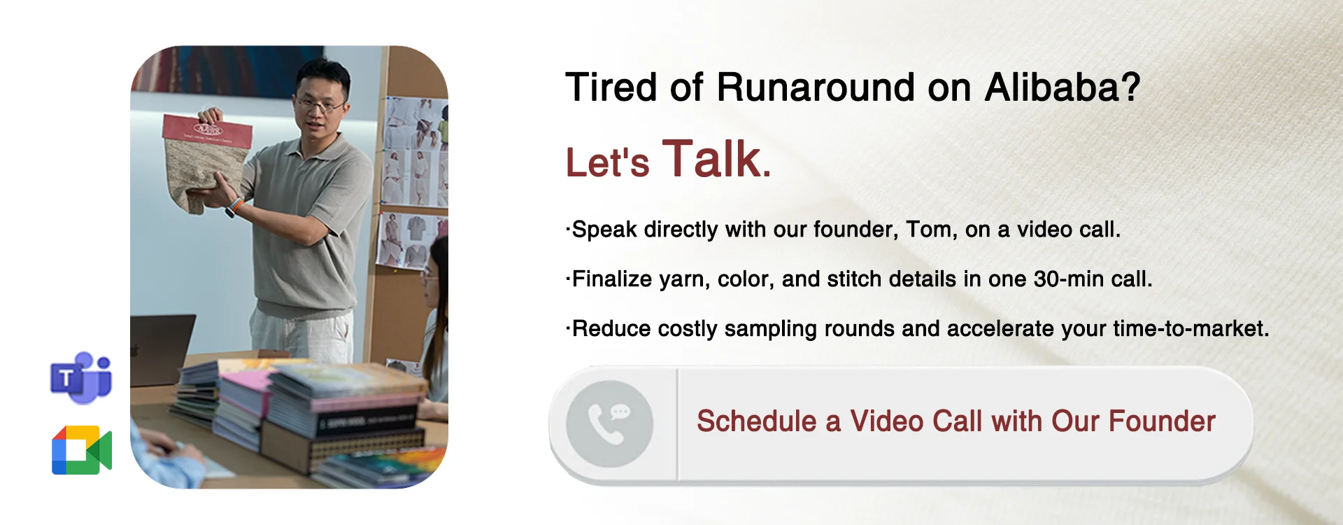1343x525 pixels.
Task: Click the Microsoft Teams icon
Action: click(81, 378)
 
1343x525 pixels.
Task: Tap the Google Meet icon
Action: click(82, 450)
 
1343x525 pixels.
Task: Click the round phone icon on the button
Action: click(609, 423)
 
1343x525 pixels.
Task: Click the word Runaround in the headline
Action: click(815, 87)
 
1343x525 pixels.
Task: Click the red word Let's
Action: click(607, 162)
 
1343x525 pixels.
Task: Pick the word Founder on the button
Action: click(1162, 421)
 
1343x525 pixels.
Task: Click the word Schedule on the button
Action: click(757, 421)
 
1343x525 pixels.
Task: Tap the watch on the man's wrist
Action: click(232, 207)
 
